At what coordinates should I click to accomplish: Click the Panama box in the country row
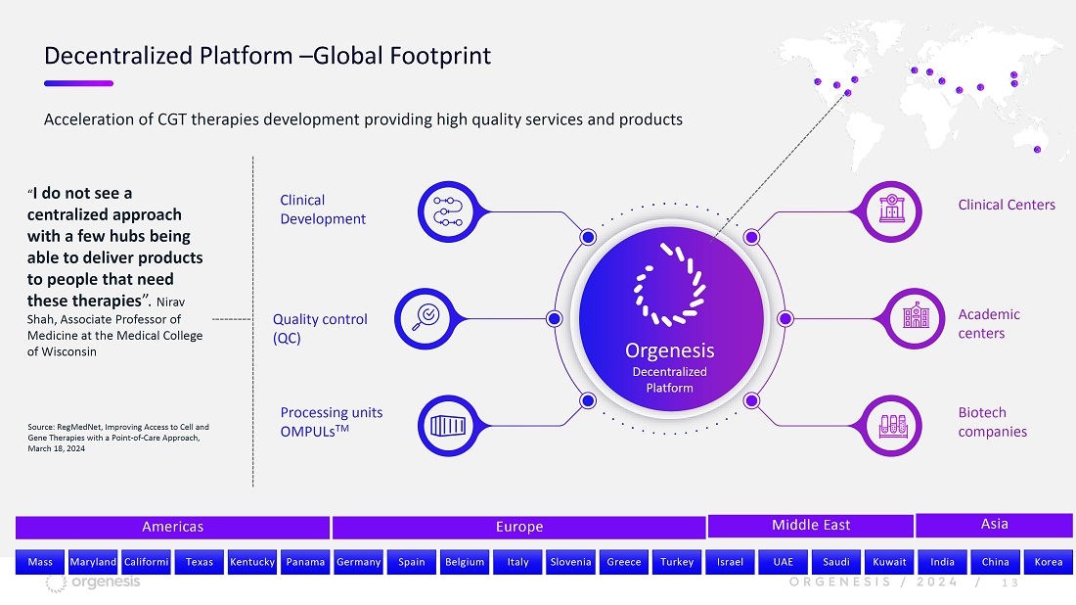[305, 562]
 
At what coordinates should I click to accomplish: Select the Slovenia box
[570, 562]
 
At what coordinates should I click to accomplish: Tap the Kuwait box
[889, 562]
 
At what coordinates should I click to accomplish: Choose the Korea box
[1048, 562]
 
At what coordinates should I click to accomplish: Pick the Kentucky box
[251, 562]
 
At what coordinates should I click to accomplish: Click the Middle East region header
[811, 526]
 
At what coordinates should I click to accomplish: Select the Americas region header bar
[172, 528]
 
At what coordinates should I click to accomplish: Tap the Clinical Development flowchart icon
[448, 211]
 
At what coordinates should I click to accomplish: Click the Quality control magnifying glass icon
[425, 318]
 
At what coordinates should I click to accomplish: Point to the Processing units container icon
[448, 426]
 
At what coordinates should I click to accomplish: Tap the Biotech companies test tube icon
[891, 426]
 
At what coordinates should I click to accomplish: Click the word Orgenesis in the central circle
[670, 350]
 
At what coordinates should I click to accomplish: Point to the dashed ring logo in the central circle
[669, 284]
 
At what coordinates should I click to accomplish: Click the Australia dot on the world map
[1038, 150]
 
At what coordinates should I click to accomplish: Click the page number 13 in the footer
[1010, 583]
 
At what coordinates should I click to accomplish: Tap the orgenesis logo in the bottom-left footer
[93, 583]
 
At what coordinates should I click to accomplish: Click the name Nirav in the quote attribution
[171, 302]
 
